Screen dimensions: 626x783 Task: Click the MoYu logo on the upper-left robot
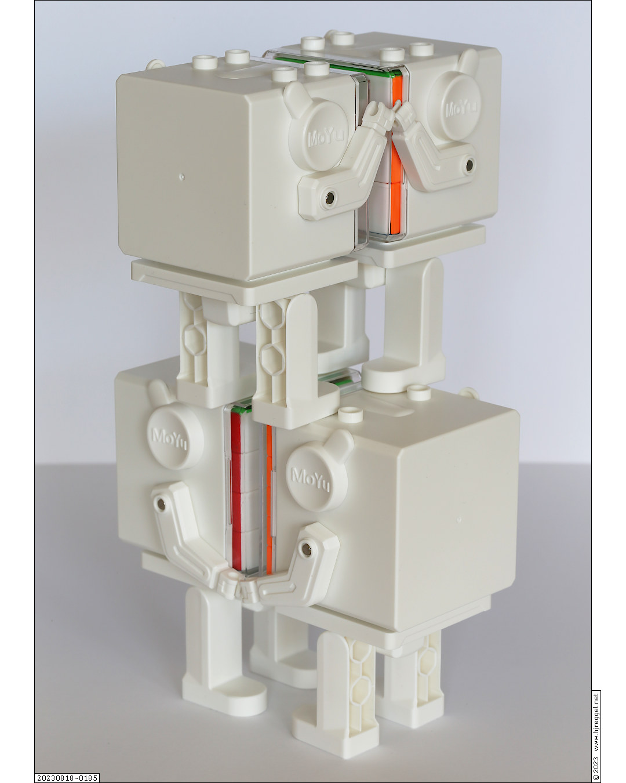click(326, 137)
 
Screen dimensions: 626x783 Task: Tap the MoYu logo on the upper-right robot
click(461, 107)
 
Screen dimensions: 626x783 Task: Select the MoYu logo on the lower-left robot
click(169, 439)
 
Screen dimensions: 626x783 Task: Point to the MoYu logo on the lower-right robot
click(310, 480)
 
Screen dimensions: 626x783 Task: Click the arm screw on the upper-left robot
click(330, 197)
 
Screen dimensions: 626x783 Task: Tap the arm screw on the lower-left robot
click(161, 504)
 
